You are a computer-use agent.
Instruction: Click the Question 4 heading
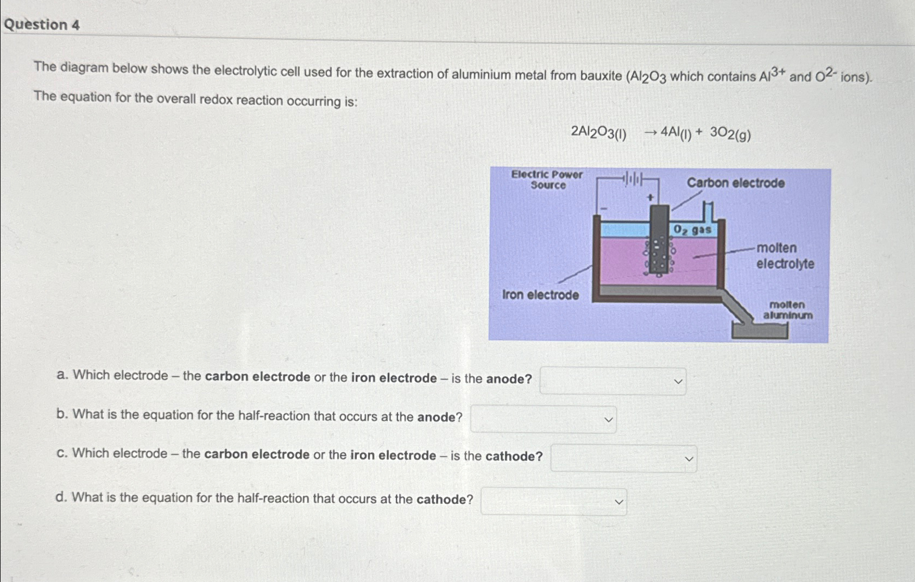point(42,24)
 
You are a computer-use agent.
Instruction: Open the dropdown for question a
point(613,381)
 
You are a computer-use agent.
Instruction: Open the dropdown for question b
point(543,419)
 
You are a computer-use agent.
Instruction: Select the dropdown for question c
point(623,458)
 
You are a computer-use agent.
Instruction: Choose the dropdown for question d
point(553,502)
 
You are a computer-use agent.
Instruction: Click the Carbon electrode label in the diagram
point(735,183)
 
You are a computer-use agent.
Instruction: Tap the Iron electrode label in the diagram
point(540,295)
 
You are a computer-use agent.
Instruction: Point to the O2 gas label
point(692,230)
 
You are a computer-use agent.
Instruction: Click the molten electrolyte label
point(785,256)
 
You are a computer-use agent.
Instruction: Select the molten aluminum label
point(787,310)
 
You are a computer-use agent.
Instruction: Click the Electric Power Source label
point(547,180)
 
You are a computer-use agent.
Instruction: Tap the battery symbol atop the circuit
point(633,178)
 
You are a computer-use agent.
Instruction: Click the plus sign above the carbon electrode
point(650,198)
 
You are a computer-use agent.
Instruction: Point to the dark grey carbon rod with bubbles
point(660,239)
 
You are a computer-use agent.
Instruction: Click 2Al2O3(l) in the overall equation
point(598,132)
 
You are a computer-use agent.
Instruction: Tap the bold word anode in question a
point(508,379)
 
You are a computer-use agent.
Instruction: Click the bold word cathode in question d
point(444,499)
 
